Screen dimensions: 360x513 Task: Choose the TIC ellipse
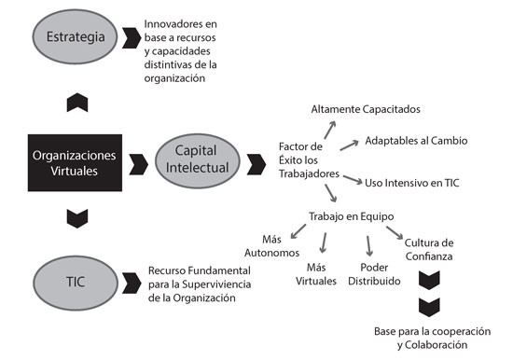[77, 281]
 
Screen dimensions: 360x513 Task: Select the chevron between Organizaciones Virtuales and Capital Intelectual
[140, 165]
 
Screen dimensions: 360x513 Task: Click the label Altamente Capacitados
[366, 109]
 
